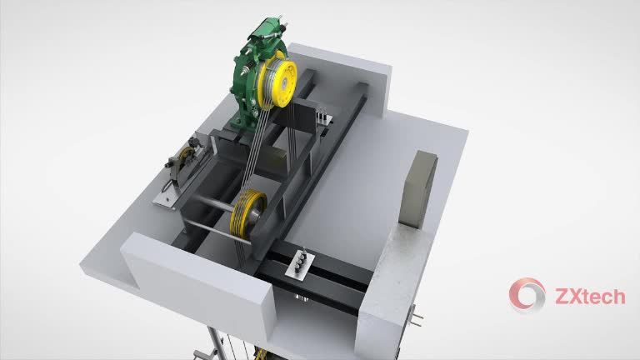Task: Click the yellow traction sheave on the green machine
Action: coord(277,84)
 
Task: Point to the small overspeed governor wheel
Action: coord(185,157)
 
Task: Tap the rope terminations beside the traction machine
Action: coord(322,116)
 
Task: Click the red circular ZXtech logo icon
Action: coord(527,295)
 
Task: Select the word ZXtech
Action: coord(590,297)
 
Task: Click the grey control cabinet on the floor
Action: coord(419,188)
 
